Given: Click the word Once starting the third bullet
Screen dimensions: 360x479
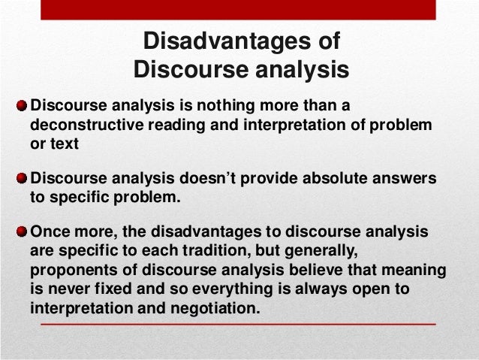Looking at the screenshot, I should coord(51,233).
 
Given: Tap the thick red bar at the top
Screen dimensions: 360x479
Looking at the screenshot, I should coord(239,9).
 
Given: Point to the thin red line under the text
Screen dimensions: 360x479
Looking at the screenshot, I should coord(239,325).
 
